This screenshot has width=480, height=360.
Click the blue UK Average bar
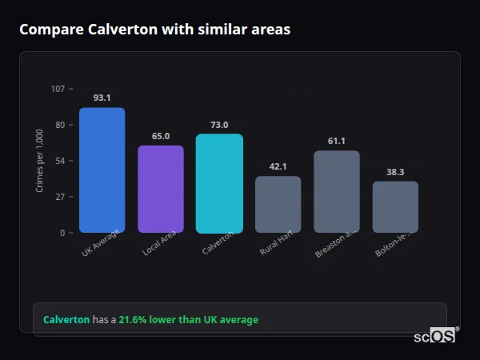[x=102, y=170]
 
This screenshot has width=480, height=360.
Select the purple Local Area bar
[x=161, y=189]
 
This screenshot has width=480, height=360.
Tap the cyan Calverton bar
[x=219, y=183]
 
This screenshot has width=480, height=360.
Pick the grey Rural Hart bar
[x=278, y=204]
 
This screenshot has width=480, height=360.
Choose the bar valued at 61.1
[x=336, y=192]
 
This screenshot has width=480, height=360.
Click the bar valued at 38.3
[x=395, y=206]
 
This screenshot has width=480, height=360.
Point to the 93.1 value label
[x=102, y=98]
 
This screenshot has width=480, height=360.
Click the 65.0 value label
[x=161, y=136]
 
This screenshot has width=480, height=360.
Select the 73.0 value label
[x=219, y=125]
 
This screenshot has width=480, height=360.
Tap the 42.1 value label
[x=278, y=166]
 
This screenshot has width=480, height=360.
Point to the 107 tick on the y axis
[x=58, y=88]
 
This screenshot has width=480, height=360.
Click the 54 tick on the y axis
[x=60, y=161]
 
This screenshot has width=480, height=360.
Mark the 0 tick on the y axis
[x=62, y=233]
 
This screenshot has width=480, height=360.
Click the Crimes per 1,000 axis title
[x=40, y=161]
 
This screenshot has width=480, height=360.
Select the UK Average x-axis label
[x=101, y=243]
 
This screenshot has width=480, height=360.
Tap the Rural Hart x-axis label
[x=275, y=244]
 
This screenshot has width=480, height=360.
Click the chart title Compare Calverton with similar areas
[x=154, y=30]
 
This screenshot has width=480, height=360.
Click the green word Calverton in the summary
[x=66, y=320]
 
